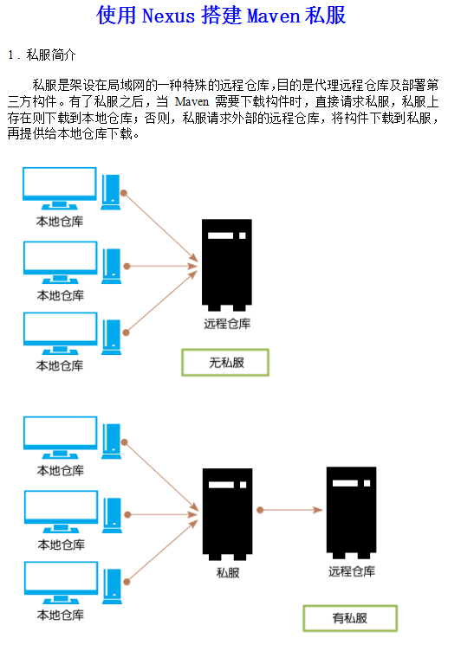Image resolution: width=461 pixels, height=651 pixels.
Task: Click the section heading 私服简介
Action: pyautogui.click(x=51, y=55)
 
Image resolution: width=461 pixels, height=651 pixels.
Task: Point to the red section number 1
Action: pyautogui.click(x=11, y=55)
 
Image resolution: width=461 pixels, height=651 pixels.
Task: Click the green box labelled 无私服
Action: pyautogui.click(x=225, y=363)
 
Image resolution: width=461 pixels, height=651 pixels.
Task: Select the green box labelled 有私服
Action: pyautogui.click(x=349, y=618)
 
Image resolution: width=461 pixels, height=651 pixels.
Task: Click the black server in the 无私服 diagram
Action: pyautogui.click(x=226, y=264)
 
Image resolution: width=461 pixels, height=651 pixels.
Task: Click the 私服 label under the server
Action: pyautogui.click(x=228, y=572)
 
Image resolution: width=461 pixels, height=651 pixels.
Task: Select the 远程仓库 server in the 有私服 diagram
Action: pyautogui.click(x=351, y=511)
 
